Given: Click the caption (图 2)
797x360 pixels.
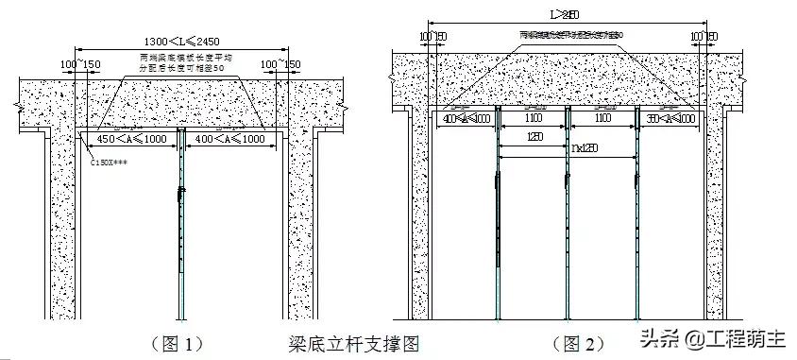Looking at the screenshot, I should coord(577,343).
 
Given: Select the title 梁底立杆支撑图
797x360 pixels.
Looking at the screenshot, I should coord(352,343).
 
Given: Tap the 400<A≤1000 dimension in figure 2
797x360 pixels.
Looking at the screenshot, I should coord(465,120).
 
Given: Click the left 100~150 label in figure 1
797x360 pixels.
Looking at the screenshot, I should coord(79,64).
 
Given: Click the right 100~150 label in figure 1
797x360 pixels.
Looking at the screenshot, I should coord(280,64).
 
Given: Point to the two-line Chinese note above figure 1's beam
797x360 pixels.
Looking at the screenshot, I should coord(179,63).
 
